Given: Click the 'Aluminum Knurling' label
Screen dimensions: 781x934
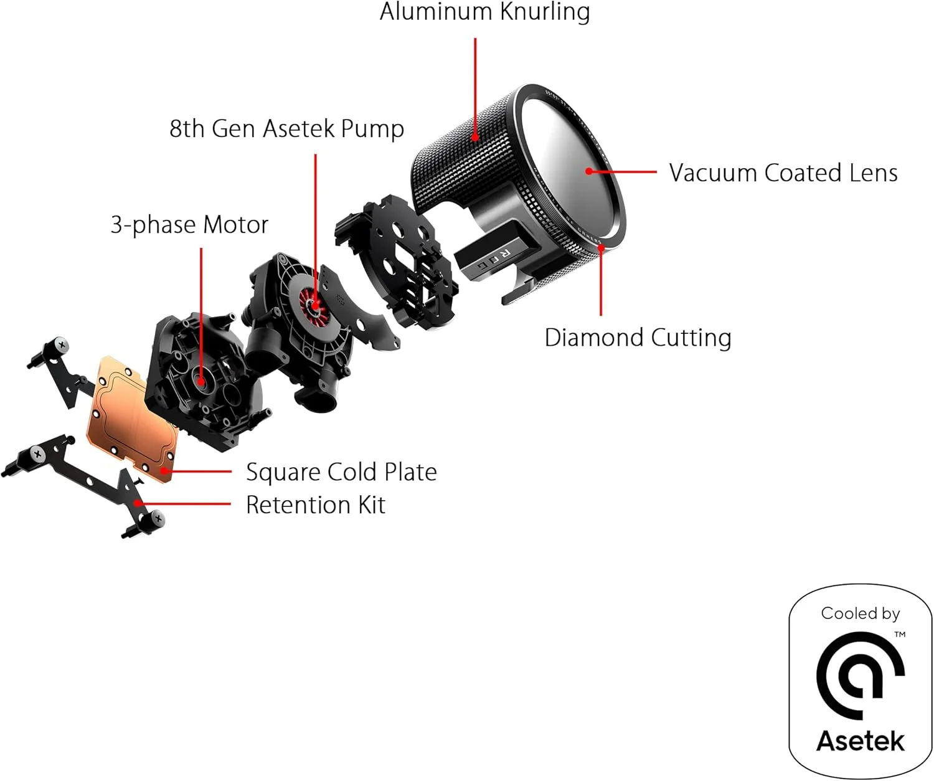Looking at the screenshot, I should [484, 12].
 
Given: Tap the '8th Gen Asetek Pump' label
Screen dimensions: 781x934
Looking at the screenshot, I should [286, 129].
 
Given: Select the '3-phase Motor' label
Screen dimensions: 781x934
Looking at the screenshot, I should [189, 225].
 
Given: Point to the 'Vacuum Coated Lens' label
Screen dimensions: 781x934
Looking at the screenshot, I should [783, 173].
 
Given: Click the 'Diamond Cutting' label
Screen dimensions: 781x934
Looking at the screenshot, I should [638, 338].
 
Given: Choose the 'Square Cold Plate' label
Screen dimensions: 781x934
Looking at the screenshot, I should [341, 472].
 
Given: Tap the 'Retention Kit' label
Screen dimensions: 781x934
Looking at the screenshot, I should [315, 505].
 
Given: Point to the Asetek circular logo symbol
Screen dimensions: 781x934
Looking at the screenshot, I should [859, 676].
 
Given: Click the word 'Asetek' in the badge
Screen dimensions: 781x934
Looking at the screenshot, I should [860, 741].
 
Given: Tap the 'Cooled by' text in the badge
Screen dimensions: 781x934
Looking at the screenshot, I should [860, 614].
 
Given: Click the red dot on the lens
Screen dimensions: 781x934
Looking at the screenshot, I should [588, 171].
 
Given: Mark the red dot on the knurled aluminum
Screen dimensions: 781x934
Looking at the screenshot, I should [476, 138].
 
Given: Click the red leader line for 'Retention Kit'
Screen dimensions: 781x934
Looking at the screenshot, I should [187, 503].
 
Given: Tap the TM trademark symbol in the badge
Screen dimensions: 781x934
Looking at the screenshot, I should [900, 635].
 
